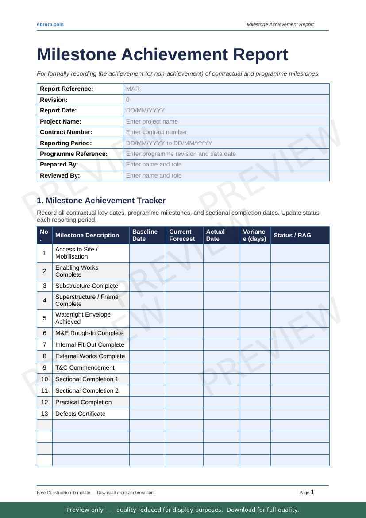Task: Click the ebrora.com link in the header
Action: (50, 24)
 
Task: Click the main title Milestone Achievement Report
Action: (162, 55)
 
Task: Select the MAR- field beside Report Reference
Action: (226, 89)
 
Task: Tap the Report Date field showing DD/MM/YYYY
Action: (226, 111)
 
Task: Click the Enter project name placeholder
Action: (226, 121)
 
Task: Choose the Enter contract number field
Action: (226, 132)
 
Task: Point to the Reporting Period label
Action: (66, 143)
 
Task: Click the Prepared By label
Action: (59, 165)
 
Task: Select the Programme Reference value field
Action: (226, 154)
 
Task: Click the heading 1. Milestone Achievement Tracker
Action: (101, 201)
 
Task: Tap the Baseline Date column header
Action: (145, 235)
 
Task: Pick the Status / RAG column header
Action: (293, 235)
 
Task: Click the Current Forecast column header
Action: (182, 235)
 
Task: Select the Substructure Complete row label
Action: (87, 286)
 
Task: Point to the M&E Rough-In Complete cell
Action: (89, 333)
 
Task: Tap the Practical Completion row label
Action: (84, 402)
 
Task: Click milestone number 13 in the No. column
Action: (45, 414)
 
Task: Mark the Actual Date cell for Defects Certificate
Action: (221, 414)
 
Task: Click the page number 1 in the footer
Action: (312, 492)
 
